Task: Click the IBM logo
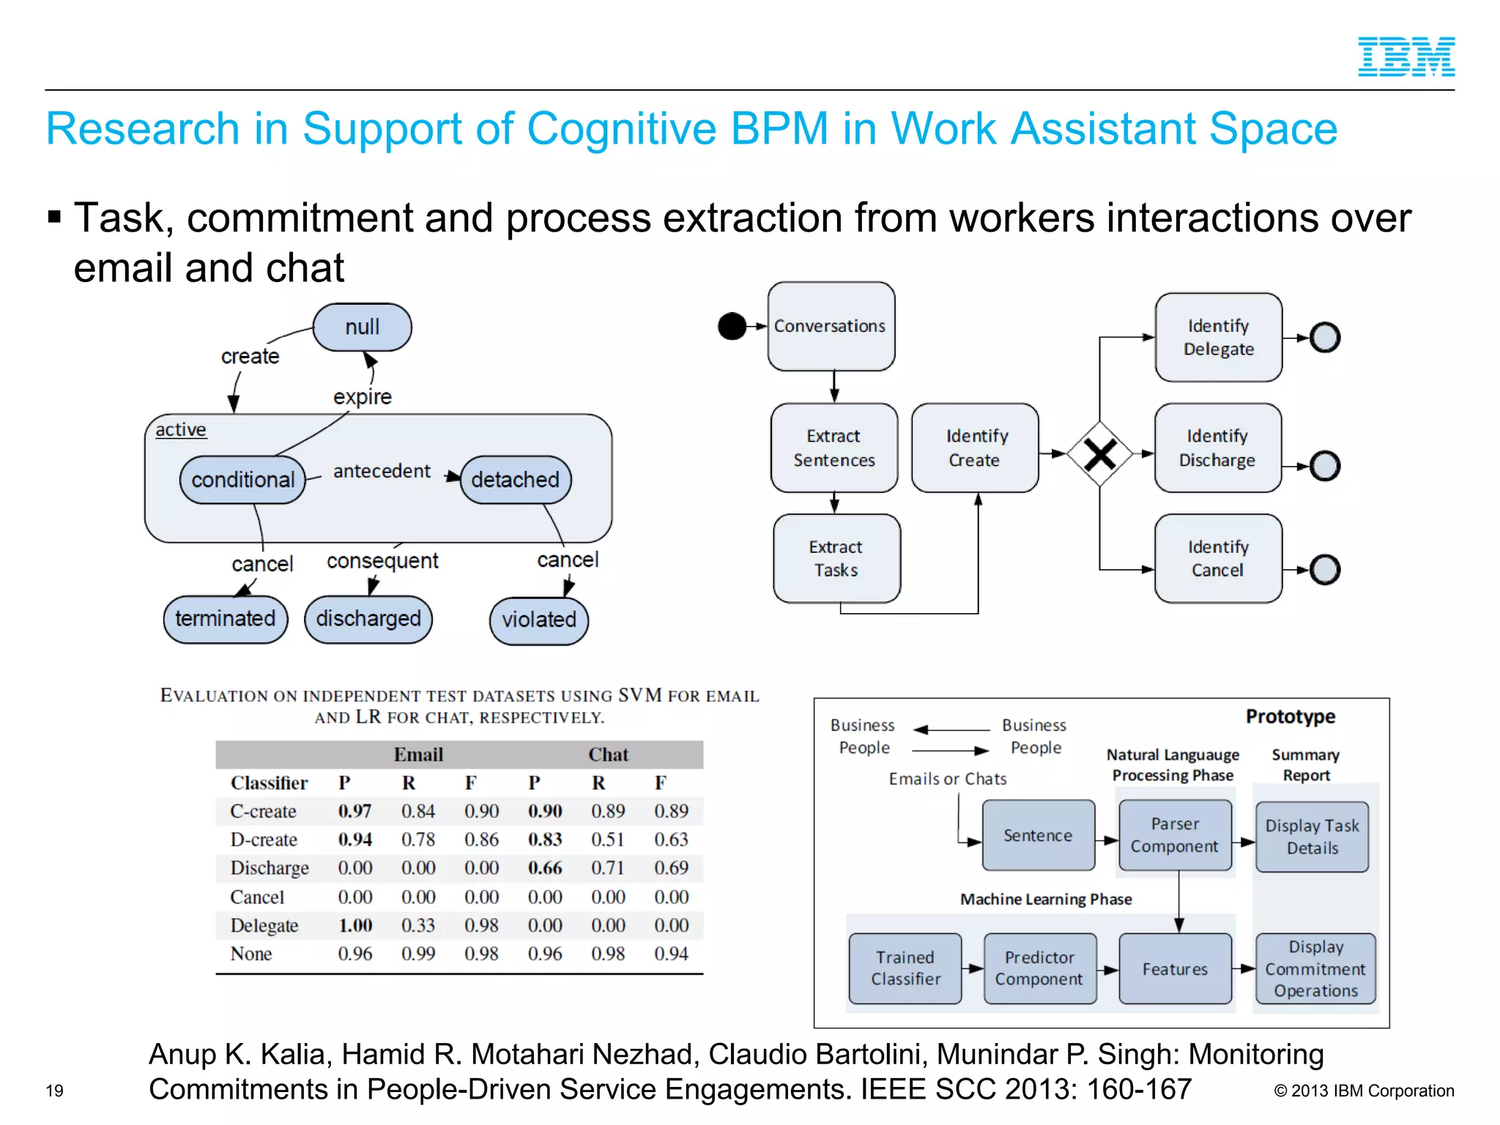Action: point(1406,57)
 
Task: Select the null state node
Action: point(362,327)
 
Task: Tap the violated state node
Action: point(538,620)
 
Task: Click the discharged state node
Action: point(368,619)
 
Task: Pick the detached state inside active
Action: point(515,480)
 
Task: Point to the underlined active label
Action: point(181,429)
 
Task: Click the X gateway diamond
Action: point(1099,454)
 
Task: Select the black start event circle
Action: point(732,326)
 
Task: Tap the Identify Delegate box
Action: point(1218,338)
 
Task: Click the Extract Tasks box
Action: point(836,558)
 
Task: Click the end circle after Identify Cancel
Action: point(1324,570)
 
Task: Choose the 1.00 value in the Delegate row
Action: point(355,925)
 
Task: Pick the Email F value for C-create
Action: point(481,811)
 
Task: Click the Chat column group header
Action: point(608,754)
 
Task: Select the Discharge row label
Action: point(269,868)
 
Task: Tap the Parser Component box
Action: point(1174,835)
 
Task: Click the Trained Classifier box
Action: point(905,968)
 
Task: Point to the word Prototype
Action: point(1290,716)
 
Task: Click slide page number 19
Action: point(54,1091)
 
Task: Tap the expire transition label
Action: point(362,397)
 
